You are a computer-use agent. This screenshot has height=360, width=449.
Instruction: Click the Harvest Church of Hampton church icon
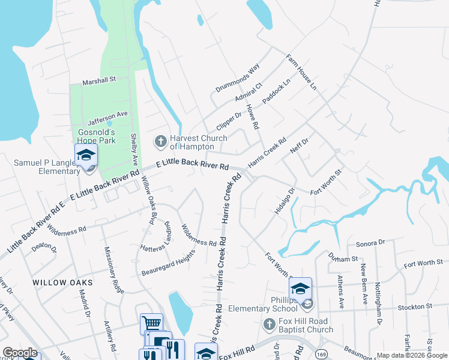coord(160,142)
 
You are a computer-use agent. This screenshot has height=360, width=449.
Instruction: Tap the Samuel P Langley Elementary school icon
coord(86,156)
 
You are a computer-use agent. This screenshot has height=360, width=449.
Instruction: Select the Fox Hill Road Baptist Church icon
coord(270,325)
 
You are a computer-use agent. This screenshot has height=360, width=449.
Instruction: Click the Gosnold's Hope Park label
coord(104,136)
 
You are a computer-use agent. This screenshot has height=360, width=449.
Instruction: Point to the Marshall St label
coord(100,80)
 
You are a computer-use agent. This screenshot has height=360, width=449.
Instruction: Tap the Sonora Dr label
coord(369,242)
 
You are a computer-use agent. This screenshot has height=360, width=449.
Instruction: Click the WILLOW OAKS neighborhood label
coord(62,282)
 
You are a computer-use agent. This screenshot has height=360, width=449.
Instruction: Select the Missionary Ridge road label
coord(114,269)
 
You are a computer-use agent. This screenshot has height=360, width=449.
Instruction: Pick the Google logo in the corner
coord(20,353)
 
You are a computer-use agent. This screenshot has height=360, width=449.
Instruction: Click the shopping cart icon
coord(151,324)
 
